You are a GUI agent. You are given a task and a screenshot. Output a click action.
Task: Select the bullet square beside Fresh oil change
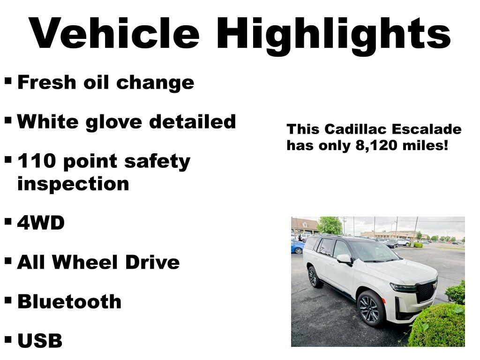coord(8,81)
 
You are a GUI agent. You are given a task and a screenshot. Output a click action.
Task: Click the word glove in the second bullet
coord(113,122)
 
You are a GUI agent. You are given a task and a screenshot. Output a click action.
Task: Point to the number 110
coord(37,161)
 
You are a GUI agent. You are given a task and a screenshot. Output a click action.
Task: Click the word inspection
coord(73,184)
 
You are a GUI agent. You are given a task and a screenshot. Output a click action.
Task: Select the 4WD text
coord(41,223)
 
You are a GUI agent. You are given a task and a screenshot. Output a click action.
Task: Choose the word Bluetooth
coord(69,301)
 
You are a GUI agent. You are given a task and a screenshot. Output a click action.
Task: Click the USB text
coord(40,340)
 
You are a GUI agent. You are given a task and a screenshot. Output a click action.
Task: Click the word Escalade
coord(427,129)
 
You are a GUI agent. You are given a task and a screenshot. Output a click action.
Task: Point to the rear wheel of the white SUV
coord(314,277)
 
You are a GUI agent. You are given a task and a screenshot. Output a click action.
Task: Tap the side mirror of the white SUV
coord(344,259)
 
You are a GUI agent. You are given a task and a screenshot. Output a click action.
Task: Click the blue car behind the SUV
coord(297,247)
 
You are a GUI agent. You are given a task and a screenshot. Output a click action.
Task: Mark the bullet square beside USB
coord(8,339)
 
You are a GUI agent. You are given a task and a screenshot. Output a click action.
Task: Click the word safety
coord(157,162)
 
